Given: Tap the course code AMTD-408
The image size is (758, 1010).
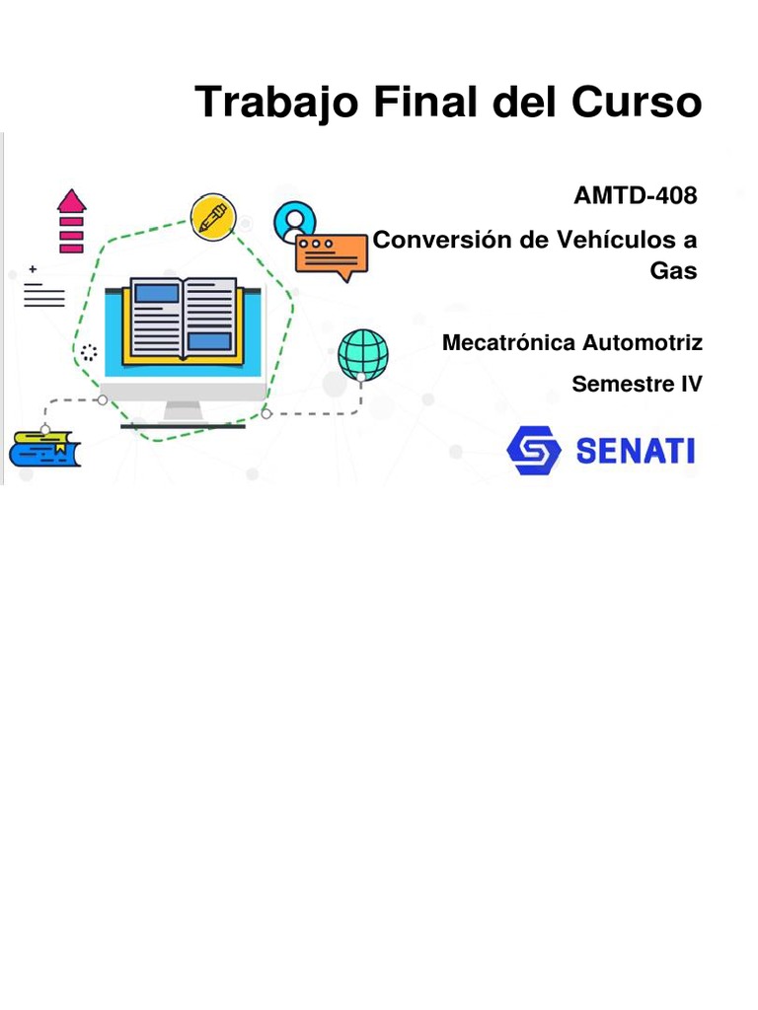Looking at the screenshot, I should pyautogui.click(x=636, y=195).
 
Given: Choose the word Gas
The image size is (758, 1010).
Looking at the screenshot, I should pyautogui.click(x=673, y=271).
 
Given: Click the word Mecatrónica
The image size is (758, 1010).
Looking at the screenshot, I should pyautogui.click(x=508, y=343).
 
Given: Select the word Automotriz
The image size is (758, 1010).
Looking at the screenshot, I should pyautogui.click(x=643, y=343).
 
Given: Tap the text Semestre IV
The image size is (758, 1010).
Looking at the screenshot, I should pyautogui.click(x=637, y=384).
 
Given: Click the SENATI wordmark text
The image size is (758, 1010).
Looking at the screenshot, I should pyautogui.click(x=635, y=451).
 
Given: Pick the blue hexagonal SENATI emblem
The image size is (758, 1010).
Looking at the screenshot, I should pyautogui.click(x=534, y=450).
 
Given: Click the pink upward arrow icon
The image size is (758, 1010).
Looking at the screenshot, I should pyautogui.click(x=72, y=220).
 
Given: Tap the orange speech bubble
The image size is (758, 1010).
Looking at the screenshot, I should pyautogui.click(x=331, y=255).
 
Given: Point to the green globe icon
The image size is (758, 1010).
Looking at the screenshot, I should pyautogui.click(x=362, y=354).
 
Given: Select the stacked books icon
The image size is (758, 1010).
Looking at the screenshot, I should pyautogui.click(x=44, y=450).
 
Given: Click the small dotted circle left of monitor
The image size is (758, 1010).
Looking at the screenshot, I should pyautogui.click(x=90, y=353).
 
